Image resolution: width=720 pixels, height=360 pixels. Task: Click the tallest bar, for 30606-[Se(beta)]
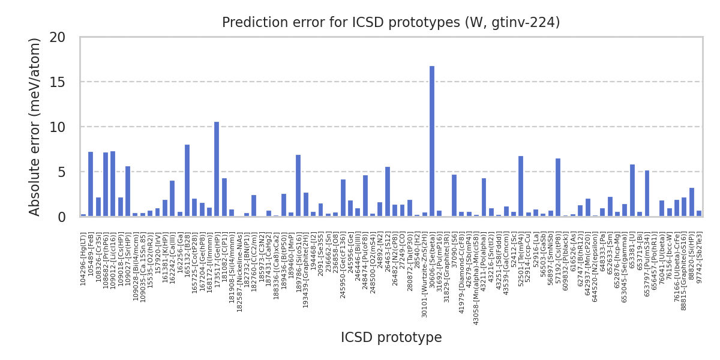[432, 142]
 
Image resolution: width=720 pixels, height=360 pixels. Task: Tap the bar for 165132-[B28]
[187, 181]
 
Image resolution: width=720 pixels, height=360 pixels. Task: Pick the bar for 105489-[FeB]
[91, 184]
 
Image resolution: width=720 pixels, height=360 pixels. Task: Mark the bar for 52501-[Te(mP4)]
[521, 187]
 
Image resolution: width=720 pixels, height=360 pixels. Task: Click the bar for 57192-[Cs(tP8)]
[558, 188]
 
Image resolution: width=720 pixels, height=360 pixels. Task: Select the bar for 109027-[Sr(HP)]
[128, 191]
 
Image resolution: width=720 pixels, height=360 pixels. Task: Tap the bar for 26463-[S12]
[388, 192]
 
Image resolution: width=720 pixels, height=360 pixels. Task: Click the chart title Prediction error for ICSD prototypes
[391, 23]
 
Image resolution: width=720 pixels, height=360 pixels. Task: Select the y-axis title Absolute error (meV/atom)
[35, 127]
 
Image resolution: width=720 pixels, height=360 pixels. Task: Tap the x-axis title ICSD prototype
[391, 338]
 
